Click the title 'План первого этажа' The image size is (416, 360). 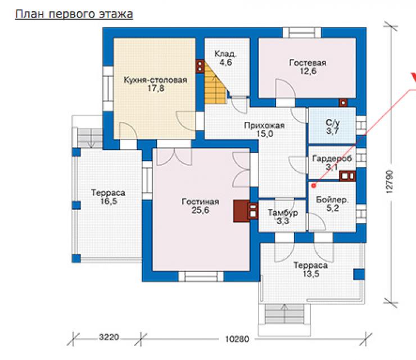74,14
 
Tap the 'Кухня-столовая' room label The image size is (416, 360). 156,80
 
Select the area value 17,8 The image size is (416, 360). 156,88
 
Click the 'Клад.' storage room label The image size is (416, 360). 225,54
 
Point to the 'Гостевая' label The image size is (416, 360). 308,63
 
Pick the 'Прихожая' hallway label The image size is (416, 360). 264,125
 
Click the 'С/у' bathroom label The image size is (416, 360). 332,123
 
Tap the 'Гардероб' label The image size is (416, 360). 332,158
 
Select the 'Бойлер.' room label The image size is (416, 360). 332,199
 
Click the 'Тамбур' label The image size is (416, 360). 283,213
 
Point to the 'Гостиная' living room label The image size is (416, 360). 200,202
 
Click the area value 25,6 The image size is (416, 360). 200,210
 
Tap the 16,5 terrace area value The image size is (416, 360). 108,201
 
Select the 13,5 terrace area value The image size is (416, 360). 311,274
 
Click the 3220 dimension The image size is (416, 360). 109,337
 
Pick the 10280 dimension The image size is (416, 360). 237,339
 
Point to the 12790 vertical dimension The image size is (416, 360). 389,181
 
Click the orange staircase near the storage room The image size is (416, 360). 215,85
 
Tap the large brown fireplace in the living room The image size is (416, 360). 241,211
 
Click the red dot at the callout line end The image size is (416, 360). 314,186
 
